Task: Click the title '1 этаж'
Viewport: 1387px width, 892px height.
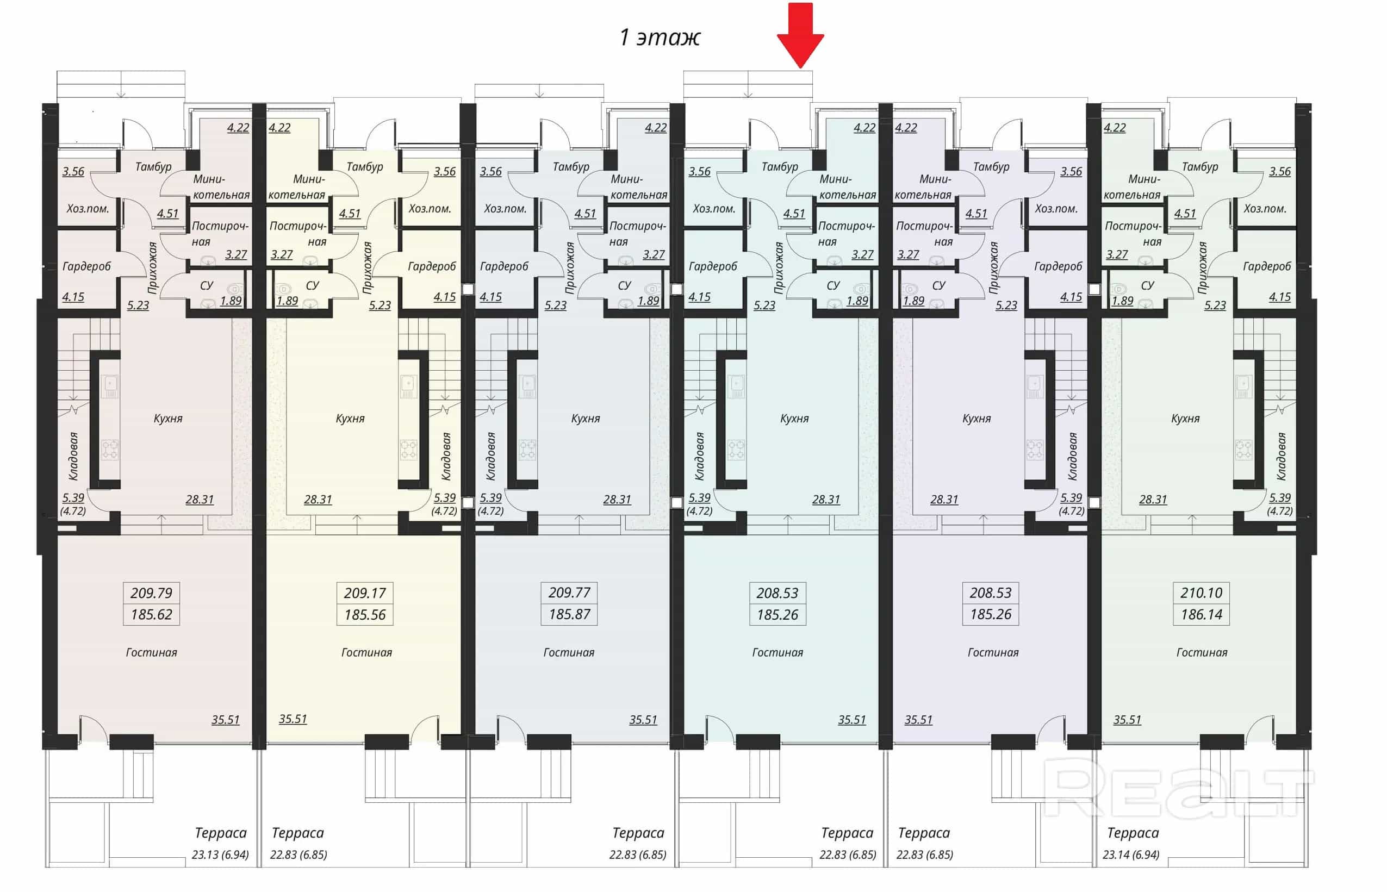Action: [660, 38]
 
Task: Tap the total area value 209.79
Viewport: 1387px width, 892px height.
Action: [151, 593]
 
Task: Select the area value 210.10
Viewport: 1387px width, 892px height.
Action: [1201, 593]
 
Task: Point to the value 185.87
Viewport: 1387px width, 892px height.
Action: [569, 615]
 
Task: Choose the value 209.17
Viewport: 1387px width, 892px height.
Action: [364, 593]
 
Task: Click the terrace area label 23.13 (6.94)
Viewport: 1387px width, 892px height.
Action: [220, 855]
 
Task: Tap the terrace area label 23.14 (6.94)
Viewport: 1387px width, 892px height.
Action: [1131, 855]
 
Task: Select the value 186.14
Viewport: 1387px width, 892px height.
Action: [1201, 615]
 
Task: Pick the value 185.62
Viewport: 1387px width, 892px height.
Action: [151, 615]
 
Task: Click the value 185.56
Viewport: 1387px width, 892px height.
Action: [364, 615]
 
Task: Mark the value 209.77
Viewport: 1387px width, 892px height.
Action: [569, 593]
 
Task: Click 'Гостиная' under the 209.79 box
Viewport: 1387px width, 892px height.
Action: [151, 653]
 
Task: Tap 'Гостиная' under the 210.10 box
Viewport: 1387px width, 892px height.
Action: [1202, 653]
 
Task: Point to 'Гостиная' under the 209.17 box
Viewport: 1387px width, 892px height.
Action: [366, 653]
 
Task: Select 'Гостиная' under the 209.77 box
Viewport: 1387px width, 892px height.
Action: [568, 653]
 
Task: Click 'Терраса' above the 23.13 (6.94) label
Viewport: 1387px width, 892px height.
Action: [221, 833]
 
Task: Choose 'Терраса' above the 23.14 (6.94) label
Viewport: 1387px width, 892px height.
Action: [1133, 833]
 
